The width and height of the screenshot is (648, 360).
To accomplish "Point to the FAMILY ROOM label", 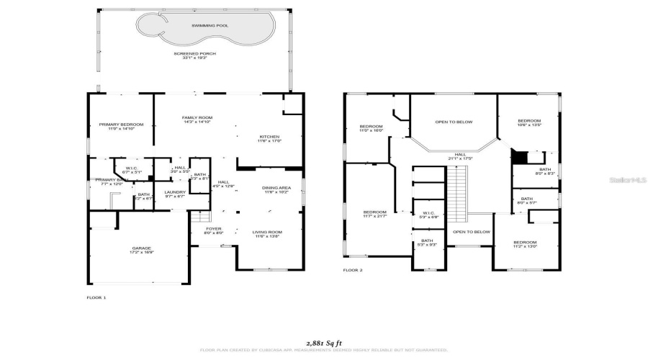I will (196, 120).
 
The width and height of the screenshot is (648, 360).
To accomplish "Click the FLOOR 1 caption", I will (96, 297).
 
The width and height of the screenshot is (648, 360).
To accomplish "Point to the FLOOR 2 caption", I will (352, 270).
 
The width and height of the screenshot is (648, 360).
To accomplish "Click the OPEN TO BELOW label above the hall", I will (454, 122).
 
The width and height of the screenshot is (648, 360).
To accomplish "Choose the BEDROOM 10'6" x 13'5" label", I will (529, 122).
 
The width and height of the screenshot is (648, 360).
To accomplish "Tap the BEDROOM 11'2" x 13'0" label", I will (525, 244).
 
